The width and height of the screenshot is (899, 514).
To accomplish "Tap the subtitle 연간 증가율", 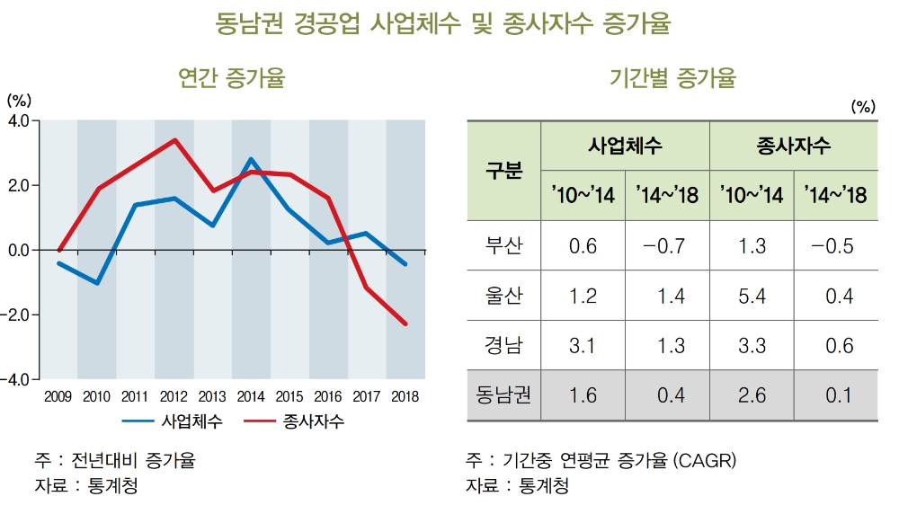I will tap(232, 79).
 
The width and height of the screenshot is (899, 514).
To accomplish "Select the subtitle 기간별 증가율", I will tap(672, 79).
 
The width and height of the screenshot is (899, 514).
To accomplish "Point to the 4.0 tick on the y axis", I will tap(18, 120).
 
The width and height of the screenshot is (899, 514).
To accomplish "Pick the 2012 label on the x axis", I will tap(174, 396).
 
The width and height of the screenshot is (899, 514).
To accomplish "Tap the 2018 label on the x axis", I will tap(405, 396).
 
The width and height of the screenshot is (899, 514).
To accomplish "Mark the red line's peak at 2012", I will tap(174, 139).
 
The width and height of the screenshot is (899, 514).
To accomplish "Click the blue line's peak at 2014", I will tap(251, 159).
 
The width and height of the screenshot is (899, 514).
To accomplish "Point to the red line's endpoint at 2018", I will tap(405, 323).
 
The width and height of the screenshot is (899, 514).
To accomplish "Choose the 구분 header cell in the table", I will tap(503, 171).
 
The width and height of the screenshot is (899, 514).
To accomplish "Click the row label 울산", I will tap(503, 296).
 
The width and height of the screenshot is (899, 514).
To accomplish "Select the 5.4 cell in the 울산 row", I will tap(752, 296).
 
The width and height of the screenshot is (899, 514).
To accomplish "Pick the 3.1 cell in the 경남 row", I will tap(583, 346).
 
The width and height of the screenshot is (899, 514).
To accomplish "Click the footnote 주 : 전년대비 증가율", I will tap(115, 461).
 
